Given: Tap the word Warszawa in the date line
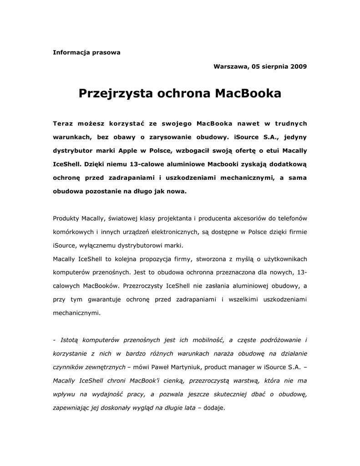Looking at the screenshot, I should tap(230, 66).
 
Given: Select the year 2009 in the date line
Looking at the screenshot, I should tap(298, 66).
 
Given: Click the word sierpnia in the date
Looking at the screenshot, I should tap(272, 66).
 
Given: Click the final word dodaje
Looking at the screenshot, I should tap(214, 408).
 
